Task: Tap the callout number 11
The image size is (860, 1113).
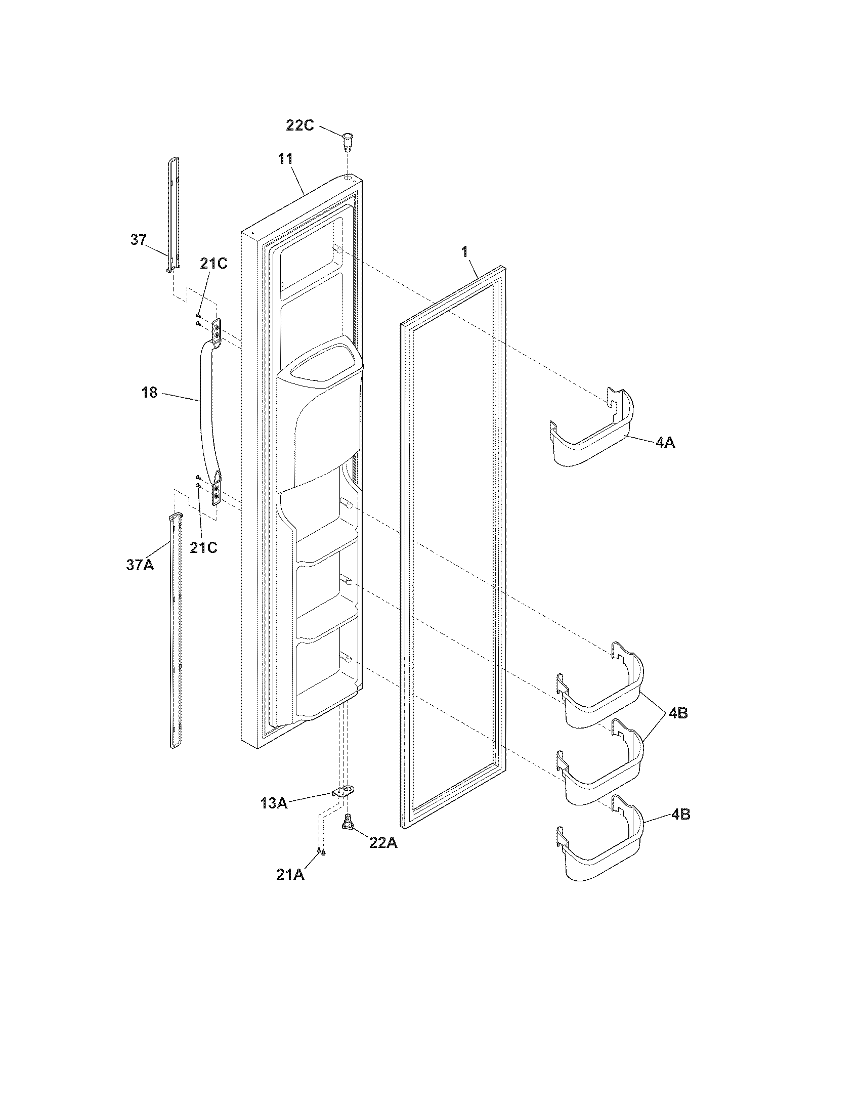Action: point(285,159)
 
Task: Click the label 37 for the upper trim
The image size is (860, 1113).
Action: point(138,239)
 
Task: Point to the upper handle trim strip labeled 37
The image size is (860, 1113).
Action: point(174,214)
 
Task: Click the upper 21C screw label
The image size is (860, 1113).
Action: point(213,264)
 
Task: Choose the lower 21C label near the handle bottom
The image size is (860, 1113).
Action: point(204,547)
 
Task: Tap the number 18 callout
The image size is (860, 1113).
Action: point(149,393)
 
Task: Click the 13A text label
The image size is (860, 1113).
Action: point(274,804)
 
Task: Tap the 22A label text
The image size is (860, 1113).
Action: point(383,843)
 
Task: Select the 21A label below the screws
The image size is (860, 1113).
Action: point(290,875)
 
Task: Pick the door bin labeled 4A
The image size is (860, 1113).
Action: point(593,433)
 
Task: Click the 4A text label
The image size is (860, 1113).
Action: point(665,443)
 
